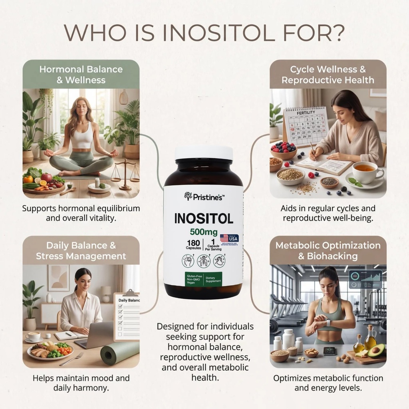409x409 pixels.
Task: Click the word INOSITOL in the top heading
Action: tap(218, 34)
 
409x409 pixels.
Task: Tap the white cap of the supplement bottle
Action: tap(204, 153)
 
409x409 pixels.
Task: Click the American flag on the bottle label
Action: tap(224, 238)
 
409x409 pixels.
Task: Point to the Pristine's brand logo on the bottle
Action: tap(204, 196)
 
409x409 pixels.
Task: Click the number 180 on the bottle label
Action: tap(193, 242)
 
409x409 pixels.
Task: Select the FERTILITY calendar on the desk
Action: tap(306, 125)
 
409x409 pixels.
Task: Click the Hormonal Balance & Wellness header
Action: tap(81, 74)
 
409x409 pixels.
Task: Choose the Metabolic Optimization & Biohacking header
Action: tap(328, 250)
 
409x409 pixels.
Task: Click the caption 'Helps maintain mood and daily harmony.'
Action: tap(81, 383)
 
